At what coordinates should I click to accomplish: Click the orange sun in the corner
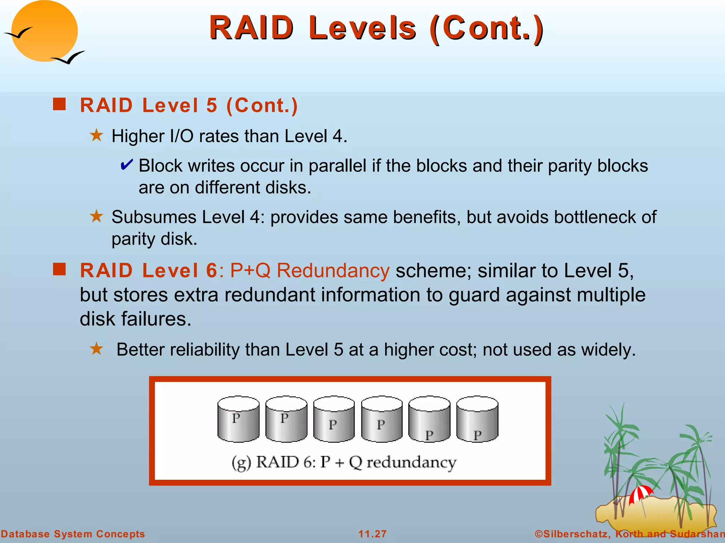click(44, 31)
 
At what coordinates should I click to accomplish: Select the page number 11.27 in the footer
click(372, 534)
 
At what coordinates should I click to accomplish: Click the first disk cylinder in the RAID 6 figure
click(238, 419)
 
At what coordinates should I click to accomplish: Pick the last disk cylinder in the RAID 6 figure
click(477, 419)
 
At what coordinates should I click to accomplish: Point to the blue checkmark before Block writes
click(126, 165)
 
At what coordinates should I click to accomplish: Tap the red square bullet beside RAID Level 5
click(59, 104)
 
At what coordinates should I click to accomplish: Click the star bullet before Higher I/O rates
click(96, 135)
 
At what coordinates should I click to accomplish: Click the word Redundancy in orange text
click(333, 271)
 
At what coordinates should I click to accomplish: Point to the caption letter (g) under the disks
click(241, 463)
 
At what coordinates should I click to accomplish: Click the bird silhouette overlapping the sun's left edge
click(18, 33)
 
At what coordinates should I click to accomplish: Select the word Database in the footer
click(24, 534)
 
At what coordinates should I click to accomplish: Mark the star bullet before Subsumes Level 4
click(96, 216)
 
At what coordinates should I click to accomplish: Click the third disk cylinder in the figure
click(334, 419)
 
